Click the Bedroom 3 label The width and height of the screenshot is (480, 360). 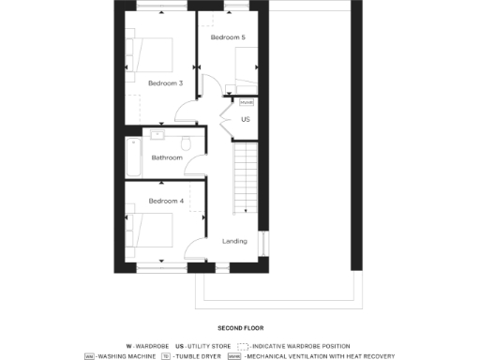coord(165,82)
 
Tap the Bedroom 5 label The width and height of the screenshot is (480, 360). coord(227,37)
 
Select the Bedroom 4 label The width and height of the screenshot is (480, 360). coord(165,201)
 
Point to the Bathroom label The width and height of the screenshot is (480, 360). coord(167,157)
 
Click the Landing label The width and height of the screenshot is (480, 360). coord(234,241)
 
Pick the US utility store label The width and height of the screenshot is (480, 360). coord(246,120)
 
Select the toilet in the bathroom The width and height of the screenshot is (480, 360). coord(186,142)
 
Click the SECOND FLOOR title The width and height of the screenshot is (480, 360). coord(240,328)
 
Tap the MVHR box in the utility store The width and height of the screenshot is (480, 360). coord(247,100)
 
